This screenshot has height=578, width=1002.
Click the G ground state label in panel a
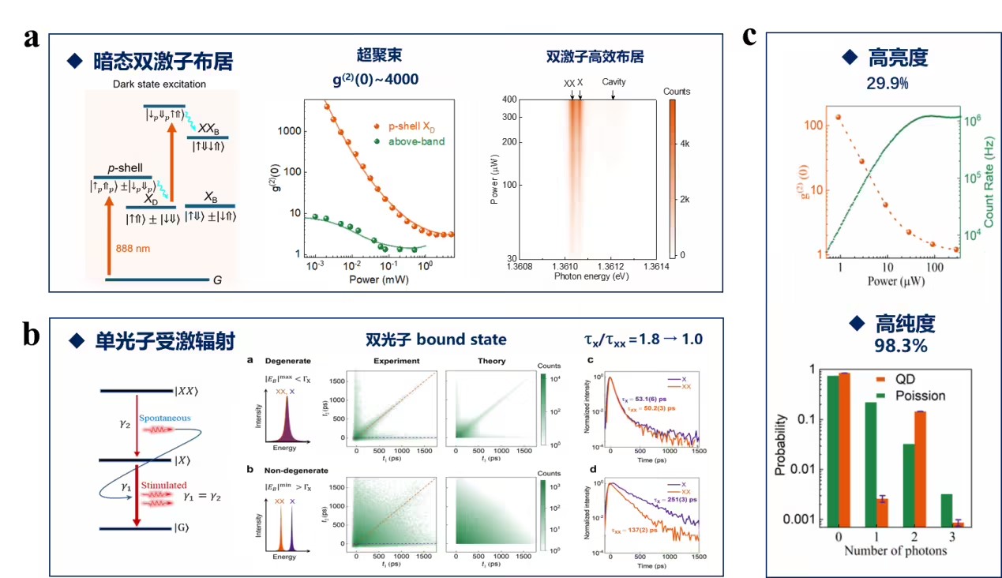pos(229,280)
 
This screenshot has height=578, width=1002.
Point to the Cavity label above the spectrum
pos(614,81)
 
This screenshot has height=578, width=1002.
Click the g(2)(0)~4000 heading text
pos(375,79)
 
